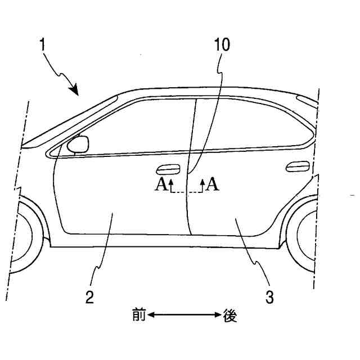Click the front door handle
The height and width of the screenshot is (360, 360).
point(168,168)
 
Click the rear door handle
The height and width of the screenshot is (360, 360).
point(296,166)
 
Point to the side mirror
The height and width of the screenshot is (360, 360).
point(78,145)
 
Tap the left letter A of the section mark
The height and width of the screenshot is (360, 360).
point(160,184)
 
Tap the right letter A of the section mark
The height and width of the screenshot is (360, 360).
point(212,184)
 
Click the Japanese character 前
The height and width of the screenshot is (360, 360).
point(138,316)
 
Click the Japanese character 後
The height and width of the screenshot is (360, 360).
point(229,316)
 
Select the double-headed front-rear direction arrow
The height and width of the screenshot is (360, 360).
point(184,316)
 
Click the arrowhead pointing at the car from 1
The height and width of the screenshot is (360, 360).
point(73,88)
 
